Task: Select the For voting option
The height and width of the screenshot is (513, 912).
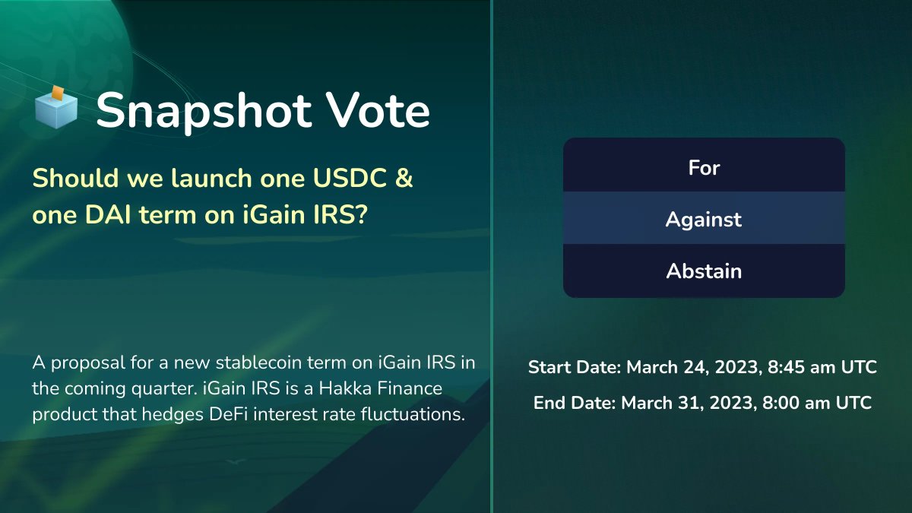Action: (x=704, y=167)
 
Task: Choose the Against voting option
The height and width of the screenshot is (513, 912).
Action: (x=704, y=220)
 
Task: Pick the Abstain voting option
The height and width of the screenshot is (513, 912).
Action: (x=704, y=271)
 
